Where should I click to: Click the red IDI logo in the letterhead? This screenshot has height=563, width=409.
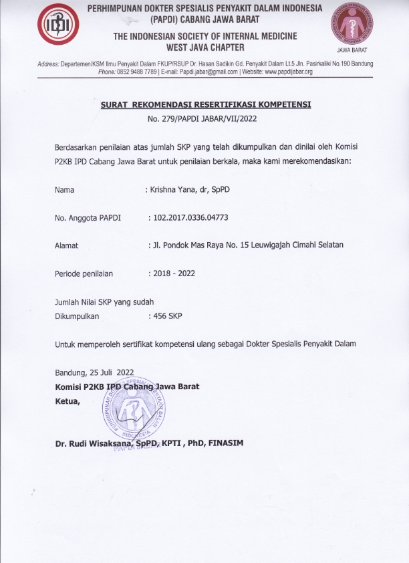point(57,25)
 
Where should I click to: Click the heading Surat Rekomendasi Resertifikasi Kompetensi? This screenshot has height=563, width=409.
point(206,105)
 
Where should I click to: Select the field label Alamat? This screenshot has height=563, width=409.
point(66,245)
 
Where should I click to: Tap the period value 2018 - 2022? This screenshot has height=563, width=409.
point(173,273)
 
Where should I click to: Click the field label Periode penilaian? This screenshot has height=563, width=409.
point(84,273)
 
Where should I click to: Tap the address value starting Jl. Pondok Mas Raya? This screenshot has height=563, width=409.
point(247,245)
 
